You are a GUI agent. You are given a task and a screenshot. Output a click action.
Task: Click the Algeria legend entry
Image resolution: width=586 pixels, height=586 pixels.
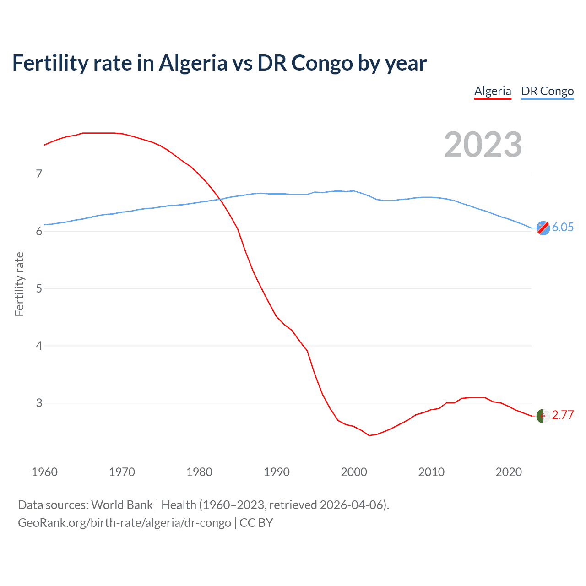pyautogui.click(x=493, y=91)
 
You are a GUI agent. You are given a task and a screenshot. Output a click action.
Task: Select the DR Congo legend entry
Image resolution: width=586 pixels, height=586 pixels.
pyautogui.click(x=547, y=91)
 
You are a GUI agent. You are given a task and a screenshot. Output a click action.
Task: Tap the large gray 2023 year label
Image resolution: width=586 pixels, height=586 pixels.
pyautogui.click(x=483, y=145)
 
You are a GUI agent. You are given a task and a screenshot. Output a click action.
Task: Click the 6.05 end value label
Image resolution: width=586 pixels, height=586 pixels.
pyautogui.click(x=563, y=228)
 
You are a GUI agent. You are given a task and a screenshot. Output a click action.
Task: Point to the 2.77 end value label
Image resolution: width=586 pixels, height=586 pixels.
pyautogui.click(x=563, y=415)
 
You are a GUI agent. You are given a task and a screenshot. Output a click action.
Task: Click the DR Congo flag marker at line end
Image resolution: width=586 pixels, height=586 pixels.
pyautogui.click(x=543, y=228)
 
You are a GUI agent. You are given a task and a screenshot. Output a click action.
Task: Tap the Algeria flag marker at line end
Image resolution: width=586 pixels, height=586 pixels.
pyautogui.click(x=543, y=416)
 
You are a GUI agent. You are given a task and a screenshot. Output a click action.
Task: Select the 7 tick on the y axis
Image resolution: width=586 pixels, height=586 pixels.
pyautogui.click(x=39, y=174)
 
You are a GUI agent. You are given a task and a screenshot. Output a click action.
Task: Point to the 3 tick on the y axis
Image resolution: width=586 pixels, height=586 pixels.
pyautogui.click(x=39, y=403)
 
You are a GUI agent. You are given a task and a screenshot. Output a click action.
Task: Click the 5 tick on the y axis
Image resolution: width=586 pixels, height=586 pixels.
pyautogui.click(x=39, y=288)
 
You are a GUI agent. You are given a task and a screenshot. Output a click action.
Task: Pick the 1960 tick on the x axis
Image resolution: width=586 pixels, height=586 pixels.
pyautogui.click(x=44, y=472)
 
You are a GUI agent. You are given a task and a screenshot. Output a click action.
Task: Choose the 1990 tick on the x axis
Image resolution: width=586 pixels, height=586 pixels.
pyautogui.click(x=277, y=472)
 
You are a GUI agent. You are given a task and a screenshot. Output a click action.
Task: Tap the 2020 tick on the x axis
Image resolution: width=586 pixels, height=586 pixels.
pyautogui.click(x=509, y=472)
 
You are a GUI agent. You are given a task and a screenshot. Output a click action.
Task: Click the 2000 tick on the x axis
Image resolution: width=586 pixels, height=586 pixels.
pyautogui.click(x=354, y=472)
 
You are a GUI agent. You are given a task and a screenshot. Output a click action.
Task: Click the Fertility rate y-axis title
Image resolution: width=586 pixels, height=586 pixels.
pyautogui.click(x=19, y=284)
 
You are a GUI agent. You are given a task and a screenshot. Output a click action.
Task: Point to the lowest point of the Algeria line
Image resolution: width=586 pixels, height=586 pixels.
pyautogui.click(x=369, y=435)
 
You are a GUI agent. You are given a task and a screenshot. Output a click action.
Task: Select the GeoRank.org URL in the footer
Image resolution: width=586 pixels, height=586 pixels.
pyautogui.click(x=125, y=523)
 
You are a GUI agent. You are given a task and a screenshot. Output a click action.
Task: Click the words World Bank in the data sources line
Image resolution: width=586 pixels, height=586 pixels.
pyautogui.click(x=122, y=505)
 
